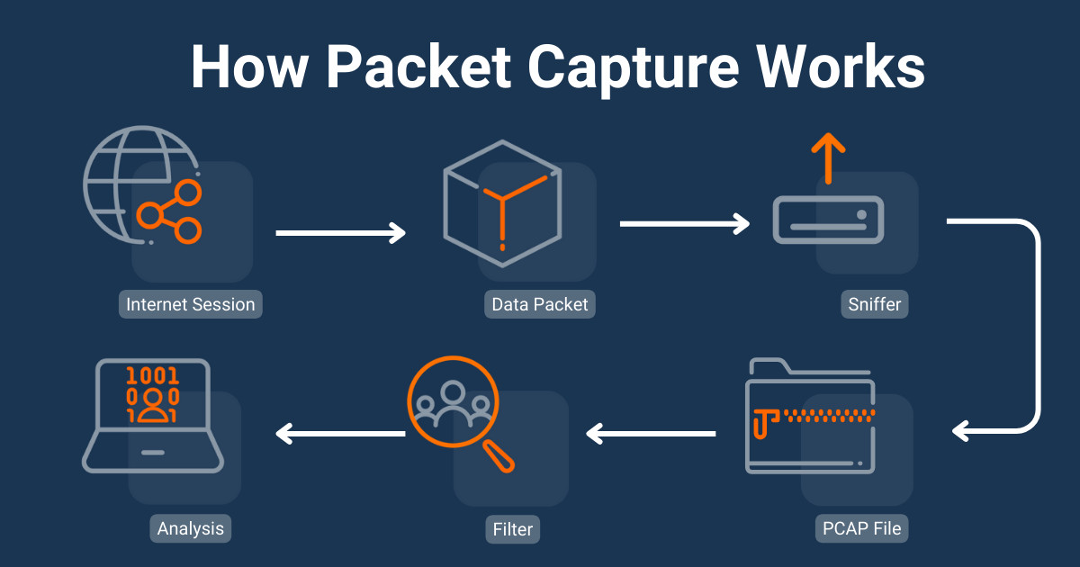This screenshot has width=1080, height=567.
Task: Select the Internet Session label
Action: [190, 304]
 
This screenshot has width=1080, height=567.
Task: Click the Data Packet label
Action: [539, 304]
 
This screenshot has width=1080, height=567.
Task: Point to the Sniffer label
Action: [874, 304]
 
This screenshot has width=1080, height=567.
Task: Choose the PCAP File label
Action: [861, 527]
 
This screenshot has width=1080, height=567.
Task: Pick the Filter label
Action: [512, 528]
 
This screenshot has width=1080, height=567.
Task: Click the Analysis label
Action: [190, 528]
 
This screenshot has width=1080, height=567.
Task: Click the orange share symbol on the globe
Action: [169, 212]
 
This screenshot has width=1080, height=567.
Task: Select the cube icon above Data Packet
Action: [502, 206]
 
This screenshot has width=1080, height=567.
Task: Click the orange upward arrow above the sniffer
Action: [828, 157]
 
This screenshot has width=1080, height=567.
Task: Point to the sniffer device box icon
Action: [828, 221]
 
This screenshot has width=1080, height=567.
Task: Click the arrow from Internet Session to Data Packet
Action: [340, 233]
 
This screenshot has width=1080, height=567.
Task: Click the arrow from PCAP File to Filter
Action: [651, 434]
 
